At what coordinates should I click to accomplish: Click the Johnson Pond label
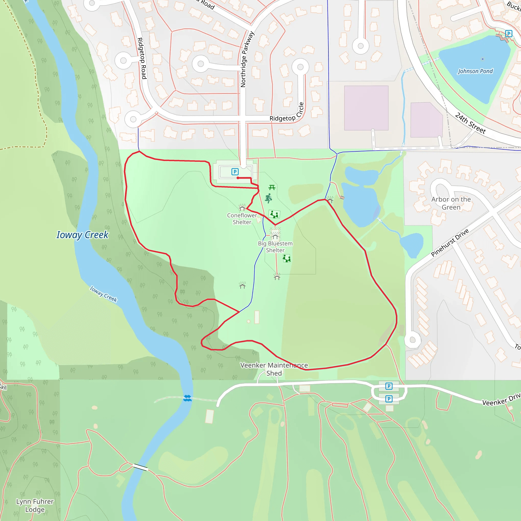click(475, 71)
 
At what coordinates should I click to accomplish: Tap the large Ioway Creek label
click(82, 235)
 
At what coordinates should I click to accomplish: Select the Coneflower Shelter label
click(242, 219)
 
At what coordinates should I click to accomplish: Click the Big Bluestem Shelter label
click(275, 247)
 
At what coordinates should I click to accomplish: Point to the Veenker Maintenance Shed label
click(274, 369)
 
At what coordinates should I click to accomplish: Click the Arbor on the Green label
click(451, 203)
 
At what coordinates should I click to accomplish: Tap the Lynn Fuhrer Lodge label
click(35, 505)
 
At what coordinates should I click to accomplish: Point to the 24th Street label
click(470, 123)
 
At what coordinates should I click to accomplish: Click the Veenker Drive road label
click(501, 399)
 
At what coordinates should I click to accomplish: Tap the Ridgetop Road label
click(142, 58)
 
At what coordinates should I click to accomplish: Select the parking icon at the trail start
click(235, 172)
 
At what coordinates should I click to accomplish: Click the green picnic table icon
click(272, 187)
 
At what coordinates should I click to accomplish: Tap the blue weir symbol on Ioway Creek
click(187, 398)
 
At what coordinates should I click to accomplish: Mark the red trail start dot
click(238, 178)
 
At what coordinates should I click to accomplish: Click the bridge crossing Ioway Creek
click(140, 467)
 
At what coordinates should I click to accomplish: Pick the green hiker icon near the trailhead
click(268, 198)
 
